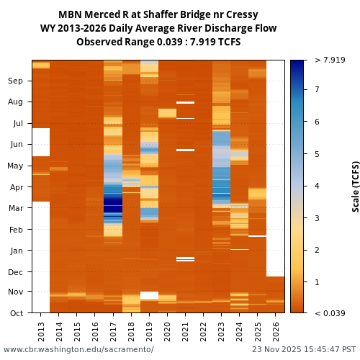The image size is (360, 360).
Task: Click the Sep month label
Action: pos(15,81)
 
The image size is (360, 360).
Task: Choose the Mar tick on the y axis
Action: pos(15,209)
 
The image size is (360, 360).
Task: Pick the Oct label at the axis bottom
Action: pos(15,313)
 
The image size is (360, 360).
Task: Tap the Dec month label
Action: pos(15,272)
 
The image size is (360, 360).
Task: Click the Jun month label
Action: pos(15,145)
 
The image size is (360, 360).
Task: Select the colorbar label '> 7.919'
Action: pos(330,60)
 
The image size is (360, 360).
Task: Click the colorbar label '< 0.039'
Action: pos(330,313)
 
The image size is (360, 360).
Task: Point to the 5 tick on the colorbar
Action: pos(317,154)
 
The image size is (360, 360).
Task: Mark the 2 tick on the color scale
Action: pos(317,250)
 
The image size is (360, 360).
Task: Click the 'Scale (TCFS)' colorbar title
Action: pos(355,186)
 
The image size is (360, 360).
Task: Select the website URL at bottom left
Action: pos(78,349)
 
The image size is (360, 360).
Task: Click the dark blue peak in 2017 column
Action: pos(113,204)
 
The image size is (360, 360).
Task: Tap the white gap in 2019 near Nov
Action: pos(149,295)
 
